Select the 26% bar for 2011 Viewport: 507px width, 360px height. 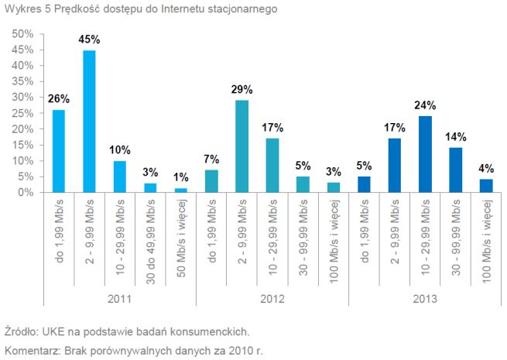59,151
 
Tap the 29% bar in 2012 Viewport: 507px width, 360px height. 242,146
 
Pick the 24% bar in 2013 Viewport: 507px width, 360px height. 424,154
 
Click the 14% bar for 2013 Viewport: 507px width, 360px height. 454,170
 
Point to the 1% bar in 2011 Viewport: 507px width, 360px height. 180,190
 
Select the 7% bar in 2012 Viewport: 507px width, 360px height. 211,181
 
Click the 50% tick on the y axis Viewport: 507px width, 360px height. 22,34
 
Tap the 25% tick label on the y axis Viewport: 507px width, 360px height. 22,113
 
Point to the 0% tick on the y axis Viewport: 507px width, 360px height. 26,193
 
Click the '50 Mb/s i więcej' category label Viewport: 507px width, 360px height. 180,237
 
